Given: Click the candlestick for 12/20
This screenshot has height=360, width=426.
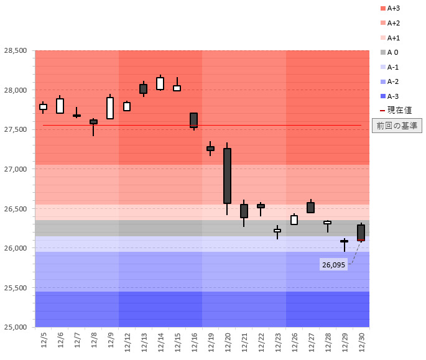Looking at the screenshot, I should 227,176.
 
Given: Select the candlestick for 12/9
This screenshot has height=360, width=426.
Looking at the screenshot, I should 110,108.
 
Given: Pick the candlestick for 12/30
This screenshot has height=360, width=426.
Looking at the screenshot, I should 361,233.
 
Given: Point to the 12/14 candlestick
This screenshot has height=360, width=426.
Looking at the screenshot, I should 160,83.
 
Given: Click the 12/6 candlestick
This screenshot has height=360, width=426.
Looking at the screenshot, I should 60,106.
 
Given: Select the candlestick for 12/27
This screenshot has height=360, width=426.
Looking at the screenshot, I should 310,208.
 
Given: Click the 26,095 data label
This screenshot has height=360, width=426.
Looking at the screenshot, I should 333,265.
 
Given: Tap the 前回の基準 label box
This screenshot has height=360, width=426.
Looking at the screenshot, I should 397,126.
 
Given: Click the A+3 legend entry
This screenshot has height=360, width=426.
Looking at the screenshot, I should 393,9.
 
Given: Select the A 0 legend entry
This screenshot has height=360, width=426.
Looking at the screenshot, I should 393,52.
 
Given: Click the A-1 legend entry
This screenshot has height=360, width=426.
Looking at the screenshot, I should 393,67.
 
